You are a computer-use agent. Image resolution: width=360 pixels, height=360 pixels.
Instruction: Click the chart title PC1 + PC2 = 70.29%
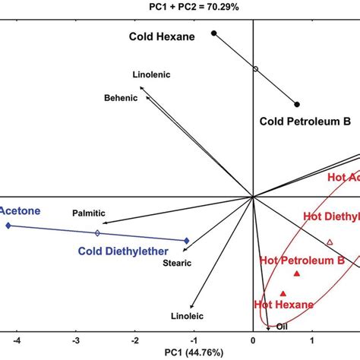click(x=179, y=7)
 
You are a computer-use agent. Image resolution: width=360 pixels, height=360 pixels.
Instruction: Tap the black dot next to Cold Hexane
click(x=214, y=33)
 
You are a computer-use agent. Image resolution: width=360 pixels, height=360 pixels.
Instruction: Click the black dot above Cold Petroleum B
click(x=298, y=104)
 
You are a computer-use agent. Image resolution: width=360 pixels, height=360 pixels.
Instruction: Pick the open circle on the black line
click(x=255, y=69)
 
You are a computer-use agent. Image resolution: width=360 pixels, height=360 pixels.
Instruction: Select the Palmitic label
click(x=89, y=213)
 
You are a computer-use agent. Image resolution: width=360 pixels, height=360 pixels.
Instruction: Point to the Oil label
click(x=282, y=327)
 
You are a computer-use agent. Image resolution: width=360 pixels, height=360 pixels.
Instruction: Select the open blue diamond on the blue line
click(x=97, y=233)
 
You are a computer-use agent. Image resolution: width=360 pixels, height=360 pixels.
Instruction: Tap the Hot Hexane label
click(x=283, y=305)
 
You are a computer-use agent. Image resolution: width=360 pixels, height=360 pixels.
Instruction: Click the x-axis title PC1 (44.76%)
click(x=180, y=353)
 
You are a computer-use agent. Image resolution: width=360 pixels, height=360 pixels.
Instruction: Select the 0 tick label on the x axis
click(x=253, y=341)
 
